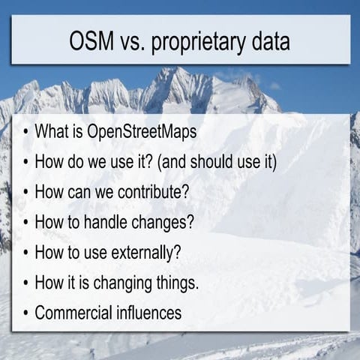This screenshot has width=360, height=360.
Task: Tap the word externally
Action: [141, 252]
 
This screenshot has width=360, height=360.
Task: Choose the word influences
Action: [145, 312]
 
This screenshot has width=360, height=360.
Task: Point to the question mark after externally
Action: [176, 251]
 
